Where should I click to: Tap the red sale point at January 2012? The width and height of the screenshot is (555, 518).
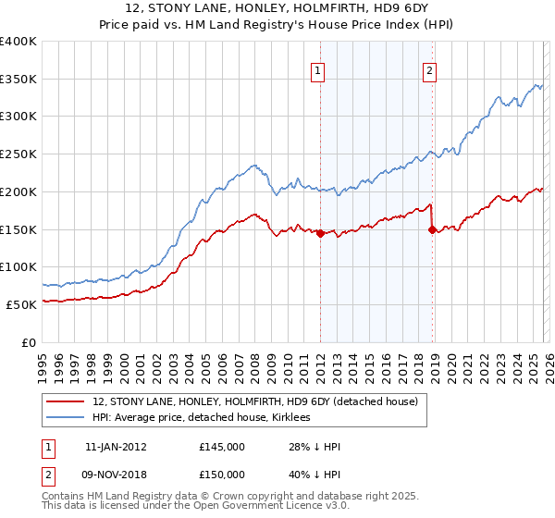tap(320, 234)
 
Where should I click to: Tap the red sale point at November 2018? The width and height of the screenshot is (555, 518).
tap(432, 230)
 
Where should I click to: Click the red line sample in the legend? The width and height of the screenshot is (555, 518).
tap(66, 401)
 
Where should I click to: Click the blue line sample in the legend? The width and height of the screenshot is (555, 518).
tap(66, 417)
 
